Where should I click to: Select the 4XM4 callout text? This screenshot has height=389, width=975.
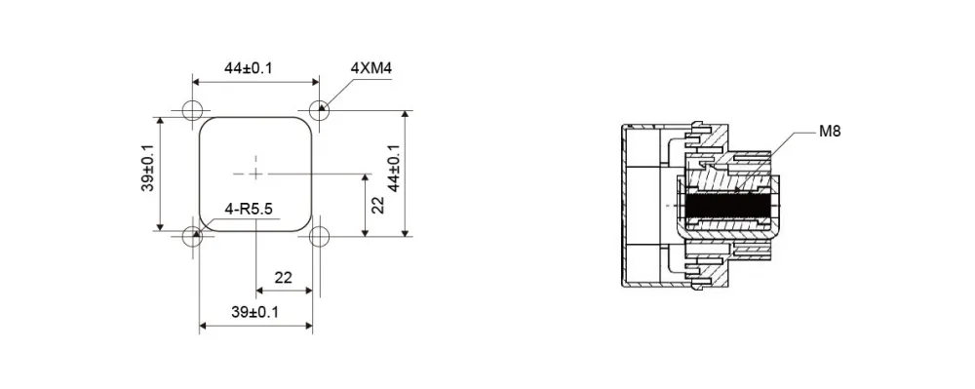[x=371, y=68]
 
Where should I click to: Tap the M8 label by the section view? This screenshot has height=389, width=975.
[x=830, y=131]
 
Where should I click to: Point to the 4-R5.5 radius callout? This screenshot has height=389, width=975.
[x=250, y=209]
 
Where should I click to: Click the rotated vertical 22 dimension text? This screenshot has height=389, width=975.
[x=378, y=204]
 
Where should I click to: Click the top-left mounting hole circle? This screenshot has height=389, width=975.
[x=193, y=110]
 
